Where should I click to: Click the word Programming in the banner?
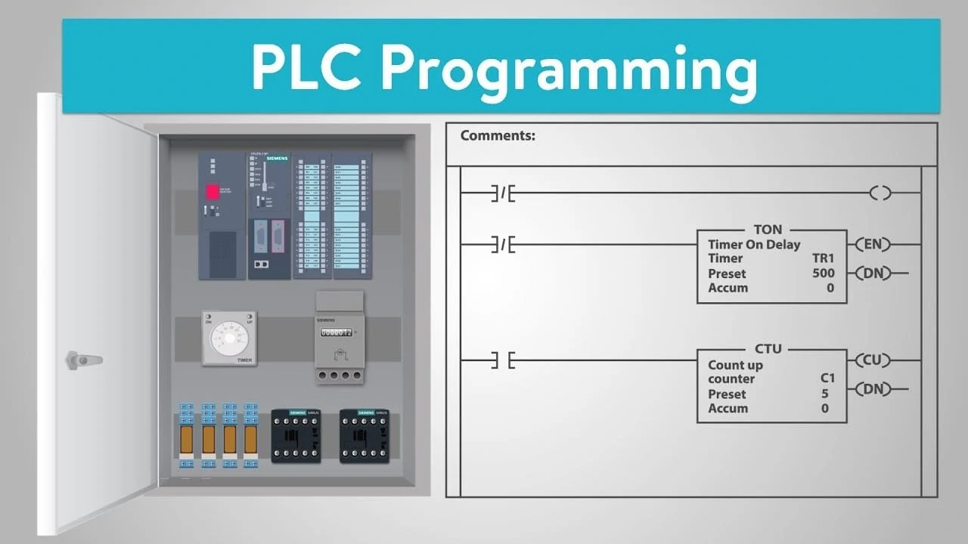pos(574,67)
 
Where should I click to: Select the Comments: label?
pos(498,136)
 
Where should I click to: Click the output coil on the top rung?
pos(880,193)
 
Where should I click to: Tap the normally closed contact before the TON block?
pos(502,245)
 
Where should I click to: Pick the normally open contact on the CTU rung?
pos(502,361)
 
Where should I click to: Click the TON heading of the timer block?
pos(768,230)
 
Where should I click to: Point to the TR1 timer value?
pos(823,258)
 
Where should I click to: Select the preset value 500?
pos(823,274)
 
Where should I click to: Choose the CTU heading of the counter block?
pos(768,349)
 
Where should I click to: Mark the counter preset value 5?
pos(824,394)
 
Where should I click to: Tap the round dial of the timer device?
pos(228,337)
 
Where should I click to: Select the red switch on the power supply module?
pos(213,192)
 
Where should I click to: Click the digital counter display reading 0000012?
pos(336,332)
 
